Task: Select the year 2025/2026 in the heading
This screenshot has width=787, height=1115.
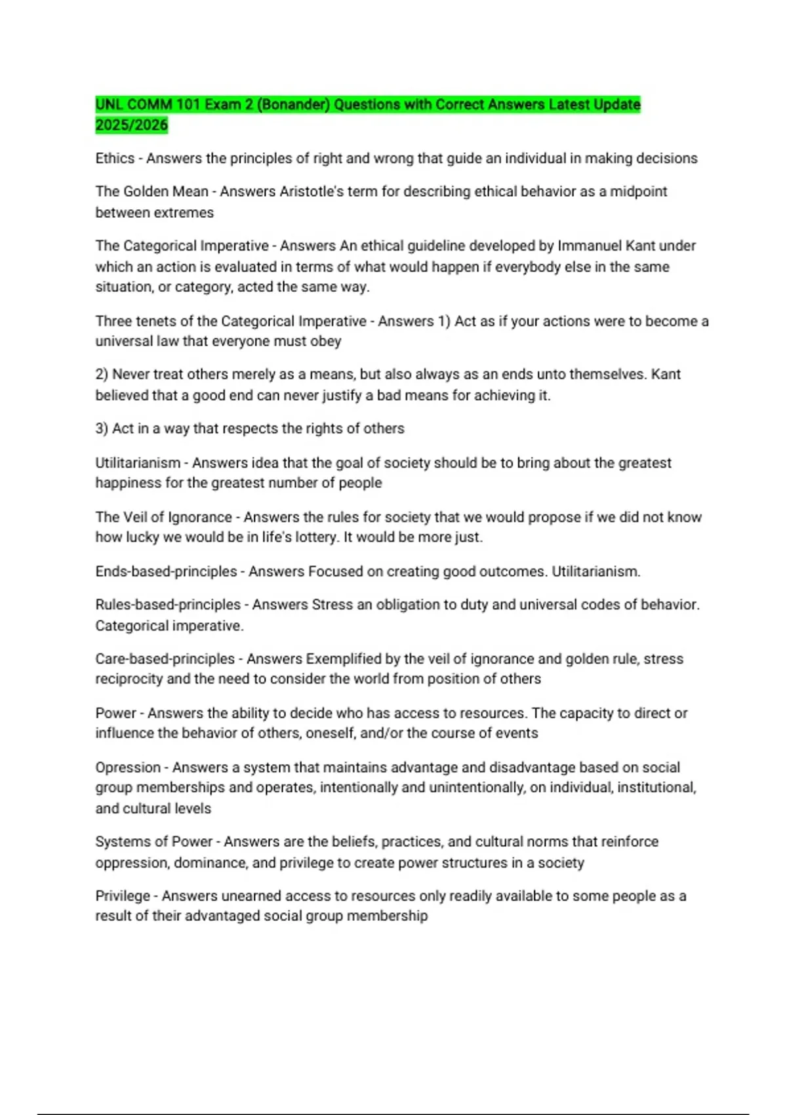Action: pyautogui.click(x=131, y=125)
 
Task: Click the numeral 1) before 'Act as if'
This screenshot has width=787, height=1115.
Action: pyautogui.click(x=443, y=321)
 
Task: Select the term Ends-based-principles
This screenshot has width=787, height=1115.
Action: pyautogui.click(x=166, y=571)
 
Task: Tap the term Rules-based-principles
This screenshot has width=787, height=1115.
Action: pyautogui.click(x=168, y=605)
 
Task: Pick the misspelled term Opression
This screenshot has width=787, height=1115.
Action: pyautogui.click(x=128, y=767)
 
